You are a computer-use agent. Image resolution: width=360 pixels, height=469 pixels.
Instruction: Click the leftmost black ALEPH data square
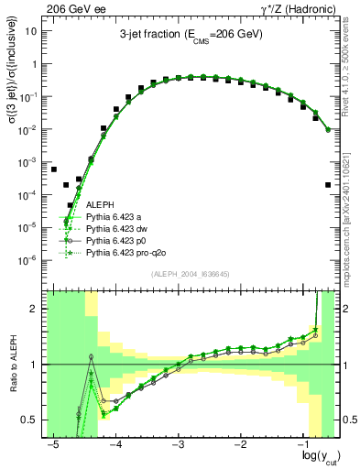click(x=54, y=170)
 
